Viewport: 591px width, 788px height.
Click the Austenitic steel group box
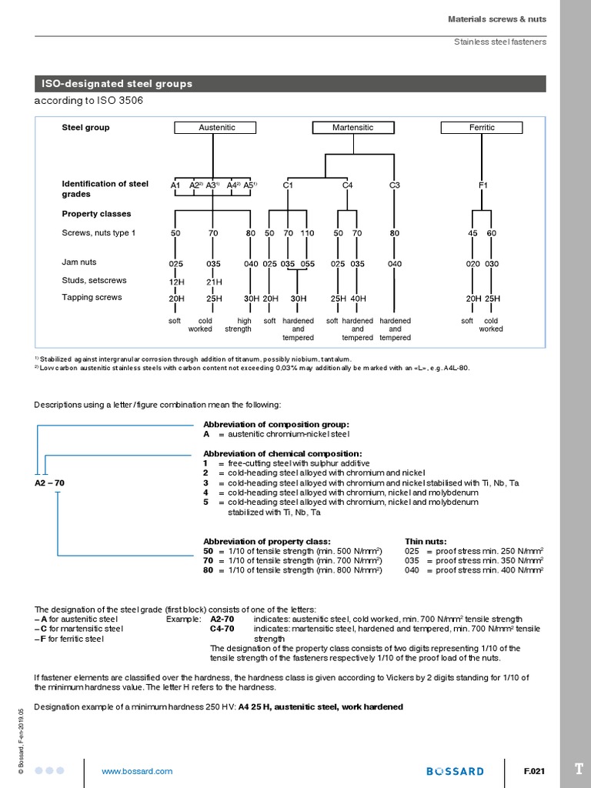217,128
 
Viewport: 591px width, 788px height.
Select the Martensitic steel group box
352,128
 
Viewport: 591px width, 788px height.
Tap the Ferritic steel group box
482,128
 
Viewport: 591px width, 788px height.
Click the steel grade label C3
395,185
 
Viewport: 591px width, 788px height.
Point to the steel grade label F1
483,185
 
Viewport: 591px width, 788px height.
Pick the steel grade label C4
347,185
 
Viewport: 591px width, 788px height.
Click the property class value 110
307,233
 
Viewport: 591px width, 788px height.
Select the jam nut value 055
307,264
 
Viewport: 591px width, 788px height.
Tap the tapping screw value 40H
358,299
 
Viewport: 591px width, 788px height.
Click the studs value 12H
176,282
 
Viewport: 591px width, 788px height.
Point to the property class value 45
472,233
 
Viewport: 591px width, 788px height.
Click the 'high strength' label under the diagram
238,325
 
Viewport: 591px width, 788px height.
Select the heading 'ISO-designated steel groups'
117,84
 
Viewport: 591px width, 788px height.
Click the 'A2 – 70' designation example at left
49,482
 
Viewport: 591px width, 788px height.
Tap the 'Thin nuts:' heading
425,541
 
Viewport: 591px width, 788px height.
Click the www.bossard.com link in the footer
137,771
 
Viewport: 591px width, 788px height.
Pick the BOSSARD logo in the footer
456,771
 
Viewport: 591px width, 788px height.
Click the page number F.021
534,771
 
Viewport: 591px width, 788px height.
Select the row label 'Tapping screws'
92,298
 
